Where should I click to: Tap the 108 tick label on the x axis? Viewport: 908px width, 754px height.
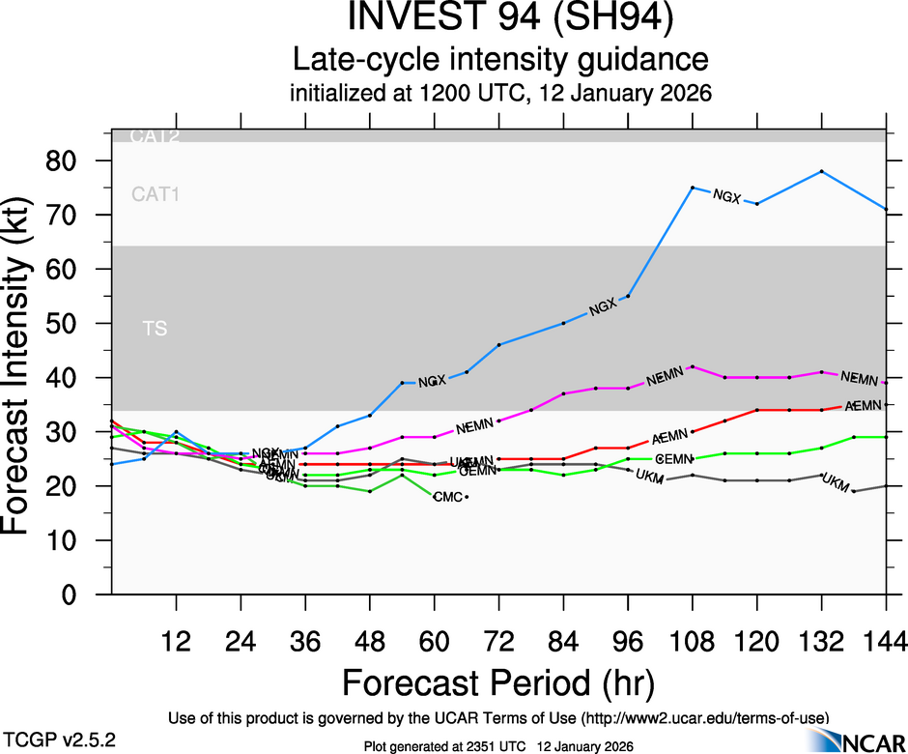point(693,641)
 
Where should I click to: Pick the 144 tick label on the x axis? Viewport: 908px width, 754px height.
point(886,641)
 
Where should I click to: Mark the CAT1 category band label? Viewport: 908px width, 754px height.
point(156,195)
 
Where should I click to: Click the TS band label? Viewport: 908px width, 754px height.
point(155,329)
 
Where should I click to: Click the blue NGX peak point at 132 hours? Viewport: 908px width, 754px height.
point(821,171)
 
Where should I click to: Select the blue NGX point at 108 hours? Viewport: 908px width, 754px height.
point(693,188)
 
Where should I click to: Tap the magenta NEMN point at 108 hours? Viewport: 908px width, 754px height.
point(693,366)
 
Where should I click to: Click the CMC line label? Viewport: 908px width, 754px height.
point(447,497)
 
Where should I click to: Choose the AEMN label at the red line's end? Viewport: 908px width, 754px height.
point(863,405)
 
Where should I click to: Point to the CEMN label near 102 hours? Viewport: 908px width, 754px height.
point(672,458)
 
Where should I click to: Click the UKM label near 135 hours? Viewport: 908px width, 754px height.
point(834,480)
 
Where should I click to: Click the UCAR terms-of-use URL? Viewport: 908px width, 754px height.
point(704,718)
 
